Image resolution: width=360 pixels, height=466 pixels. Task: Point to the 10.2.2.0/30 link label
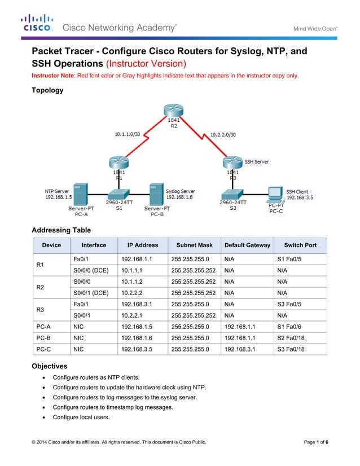[222, 134]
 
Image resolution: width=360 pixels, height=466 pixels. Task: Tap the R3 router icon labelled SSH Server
[232, 162]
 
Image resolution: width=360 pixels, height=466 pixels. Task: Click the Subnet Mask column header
[194, 245]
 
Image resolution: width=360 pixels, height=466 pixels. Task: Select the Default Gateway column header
[247, 245]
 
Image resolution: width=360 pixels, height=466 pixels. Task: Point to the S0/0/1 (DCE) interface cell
[91, 293]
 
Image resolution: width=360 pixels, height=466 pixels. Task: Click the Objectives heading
[49, 366]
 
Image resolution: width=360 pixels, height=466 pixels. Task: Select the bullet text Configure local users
[81, 417]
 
